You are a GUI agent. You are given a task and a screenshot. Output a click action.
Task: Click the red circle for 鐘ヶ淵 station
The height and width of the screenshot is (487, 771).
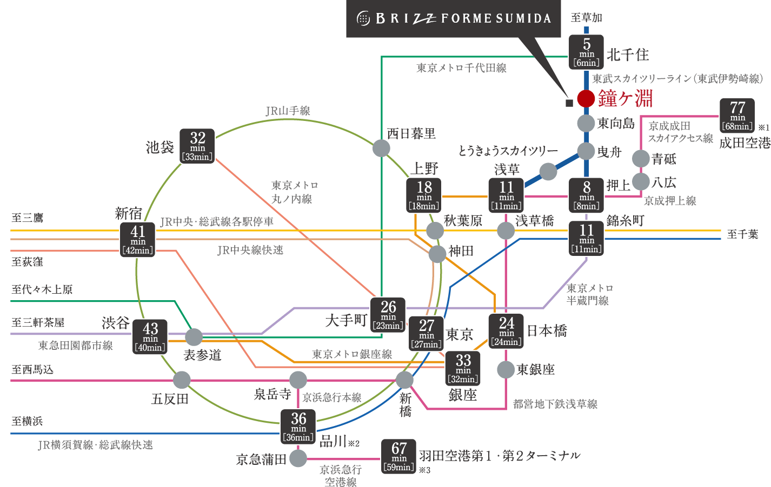click(586, 99)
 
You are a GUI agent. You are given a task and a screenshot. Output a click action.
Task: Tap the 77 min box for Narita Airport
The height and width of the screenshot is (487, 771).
click(737, 116)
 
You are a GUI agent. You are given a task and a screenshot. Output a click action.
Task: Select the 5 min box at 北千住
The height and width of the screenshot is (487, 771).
click(586, 52)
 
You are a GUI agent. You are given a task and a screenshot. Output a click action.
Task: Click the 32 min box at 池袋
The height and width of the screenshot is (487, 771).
click(197, 146)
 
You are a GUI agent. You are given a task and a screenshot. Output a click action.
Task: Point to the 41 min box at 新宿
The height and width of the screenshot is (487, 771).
click(138, 240)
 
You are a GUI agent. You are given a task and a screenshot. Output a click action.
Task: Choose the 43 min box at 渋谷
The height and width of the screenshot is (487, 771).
click(150, 337)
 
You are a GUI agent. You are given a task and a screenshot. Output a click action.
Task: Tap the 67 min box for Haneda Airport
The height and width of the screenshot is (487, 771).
click(399, 456)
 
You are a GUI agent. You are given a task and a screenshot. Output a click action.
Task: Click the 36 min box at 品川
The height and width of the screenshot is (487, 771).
click(298, 427)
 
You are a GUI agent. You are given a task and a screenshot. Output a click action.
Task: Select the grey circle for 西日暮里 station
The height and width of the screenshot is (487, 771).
click(381, 147)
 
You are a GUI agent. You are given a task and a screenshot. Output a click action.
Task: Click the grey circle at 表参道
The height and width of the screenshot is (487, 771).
click(194, 337)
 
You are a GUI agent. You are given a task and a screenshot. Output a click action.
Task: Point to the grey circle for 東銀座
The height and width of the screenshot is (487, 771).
click(506, 370)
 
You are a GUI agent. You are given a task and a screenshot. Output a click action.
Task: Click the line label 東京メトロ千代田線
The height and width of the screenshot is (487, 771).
click(461, 68)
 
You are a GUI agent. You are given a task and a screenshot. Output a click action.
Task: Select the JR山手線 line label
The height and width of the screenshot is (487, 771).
click(288, 111)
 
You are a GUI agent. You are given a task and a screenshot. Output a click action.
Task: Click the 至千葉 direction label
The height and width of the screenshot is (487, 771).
click(742, 234)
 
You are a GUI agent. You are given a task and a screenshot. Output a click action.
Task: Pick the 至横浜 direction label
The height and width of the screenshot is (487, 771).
click(27, 421)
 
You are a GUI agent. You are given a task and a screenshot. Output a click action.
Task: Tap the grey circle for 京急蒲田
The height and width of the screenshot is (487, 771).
click(298, 458)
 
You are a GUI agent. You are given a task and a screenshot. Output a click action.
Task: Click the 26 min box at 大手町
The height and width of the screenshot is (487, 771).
click(388, 315)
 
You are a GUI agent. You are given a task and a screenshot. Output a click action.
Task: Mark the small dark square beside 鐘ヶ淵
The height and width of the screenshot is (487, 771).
click(569, 103)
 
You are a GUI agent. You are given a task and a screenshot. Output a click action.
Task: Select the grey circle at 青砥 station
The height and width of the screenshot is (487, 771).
click(641, 159)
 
